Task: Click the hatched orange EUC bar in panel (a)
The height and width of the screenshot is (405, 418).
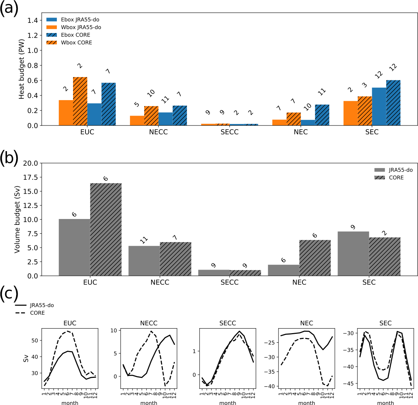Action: coord(80,101)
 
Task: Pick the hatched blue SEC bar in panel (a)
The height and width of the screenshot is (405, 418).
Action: coord(393,103)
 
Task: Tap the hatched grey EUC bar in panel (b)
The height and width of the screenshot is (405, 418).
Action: coord(106,229)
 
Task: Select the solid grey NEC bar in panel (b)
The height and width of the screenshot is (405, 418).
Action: coord(284,270)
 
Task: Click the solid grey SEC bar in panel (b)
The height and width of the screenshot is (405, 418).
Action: coord(353,253)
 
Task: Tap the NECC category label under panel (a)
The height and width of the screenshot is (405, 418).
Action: coord(158,132)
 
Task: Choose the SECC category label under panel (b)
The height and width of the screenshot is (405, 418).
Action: coord(229,282)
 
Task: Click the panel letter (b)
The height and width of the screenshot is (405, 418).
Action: coord(9,158)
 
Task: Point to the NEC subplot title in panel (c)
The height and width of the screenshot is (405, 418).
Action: coord(306,323)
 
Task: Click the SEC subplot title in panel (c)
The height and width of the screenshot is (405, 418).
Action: coord(385,323)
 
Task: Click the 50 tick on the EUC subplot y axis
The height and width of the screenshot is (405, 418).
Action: coord(35,341)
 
